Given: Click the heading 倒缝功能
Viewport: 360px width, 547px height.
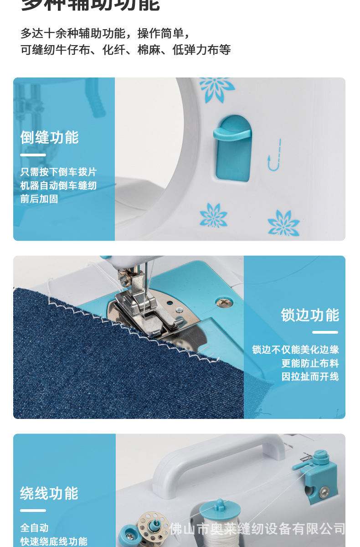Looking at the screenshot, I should [49, 137].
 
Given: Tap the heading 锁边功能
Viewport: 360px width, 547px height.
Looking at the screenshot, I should [310, 315].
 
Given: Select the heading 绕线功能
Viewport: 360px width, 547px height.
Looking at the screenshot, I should [49, 493].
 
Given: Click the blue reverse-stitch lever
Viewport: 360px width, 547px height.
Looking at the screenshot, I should [232, 146].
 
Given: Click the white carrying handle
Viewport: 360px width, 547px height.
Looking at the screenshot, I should [219, 456].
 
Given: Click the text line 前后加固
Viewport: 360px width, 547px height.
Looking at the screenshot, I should [39, 199].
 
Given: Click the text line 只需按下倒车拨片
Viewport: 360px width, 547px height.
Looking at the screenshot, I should [58, 172].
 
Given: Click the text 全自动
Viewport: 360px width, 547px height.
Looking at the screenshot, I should [34, 528].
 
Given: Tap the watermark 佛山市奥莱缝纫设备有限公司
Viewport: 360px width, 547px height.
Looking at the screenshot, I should [257, 529].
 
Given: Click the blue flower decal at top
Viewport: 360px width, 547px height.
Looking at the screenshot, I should [217, 87].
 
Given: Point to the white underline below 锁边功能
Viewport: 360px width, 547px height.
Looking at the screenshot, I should [325, 332].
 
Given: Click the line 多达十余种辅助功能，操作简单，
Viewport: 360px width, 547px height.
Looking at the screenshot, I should [105, 33].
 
